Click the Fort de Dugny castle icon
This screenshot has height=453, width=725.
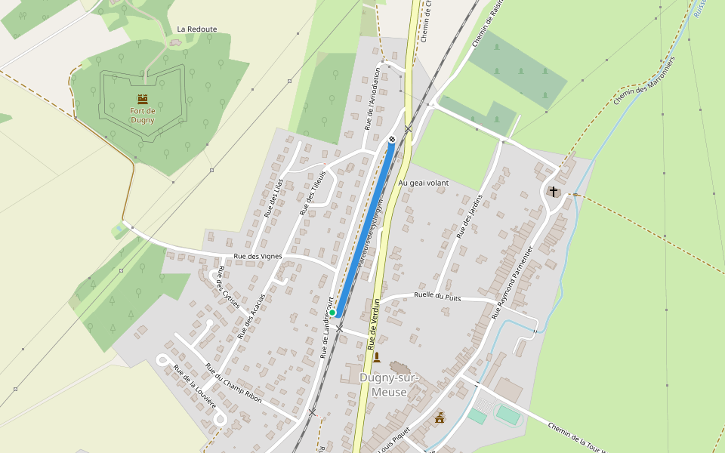pos(142,99)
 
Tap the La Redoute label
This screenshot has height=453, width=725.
pos(196,29)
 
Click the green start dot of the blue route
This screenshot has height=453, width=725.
pos(332,313)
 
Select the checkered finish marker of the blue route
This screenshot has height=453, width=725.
pos(392,140)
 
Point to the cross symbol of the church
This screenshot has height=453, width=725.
pos(554,192)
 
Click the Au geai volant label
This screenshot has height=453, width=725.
pos(423,183)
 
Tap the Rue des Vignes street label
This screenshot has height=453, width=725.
pos(258,257)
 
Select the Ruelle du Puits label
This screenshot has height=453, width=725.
pos(437,297)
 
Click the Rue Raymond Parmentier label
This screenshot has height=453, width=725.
pos(513,282)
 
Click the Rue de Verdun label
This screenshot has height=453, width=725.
pos(373,323)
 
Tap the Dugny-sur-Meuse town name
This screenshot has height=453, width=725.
pos(383,385)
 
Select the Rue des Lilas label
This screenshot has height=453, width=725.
pos(273,198)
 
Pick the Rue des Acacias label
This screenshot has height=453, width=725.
pos(251,316)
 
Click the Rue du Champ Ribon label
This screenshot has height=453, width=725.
pos(233,383)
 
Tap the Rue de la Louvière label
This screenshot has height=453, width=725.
pos(196,390)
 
